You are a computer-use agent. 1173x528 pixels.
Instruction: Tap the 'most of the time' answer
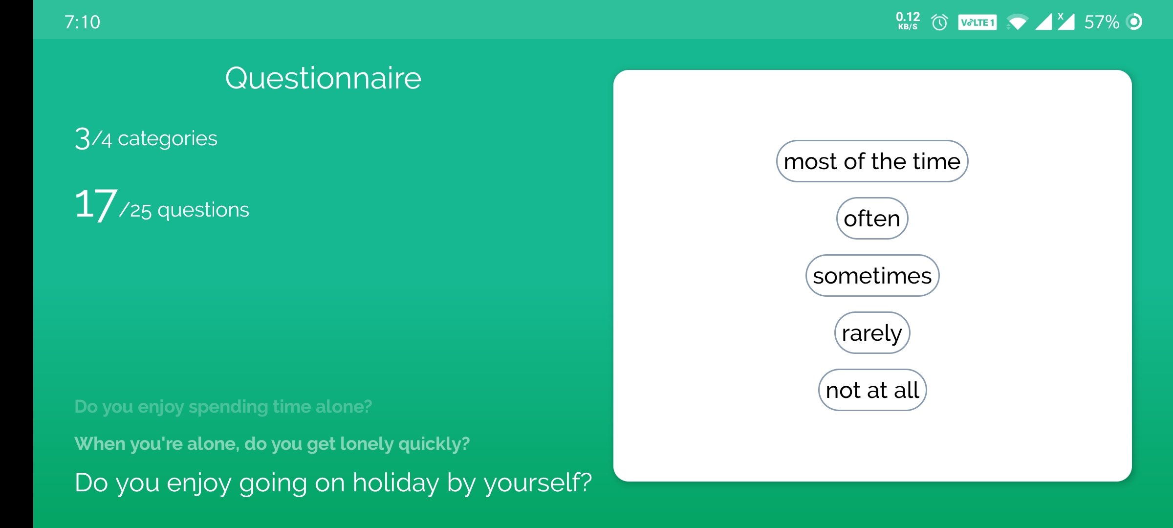(x=872, y=161)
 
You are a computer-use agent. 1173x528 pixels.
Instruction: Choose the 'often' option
(x=872, y=219)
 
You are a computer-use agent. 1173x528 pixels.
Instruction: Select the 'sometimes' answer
(x=872, y=276)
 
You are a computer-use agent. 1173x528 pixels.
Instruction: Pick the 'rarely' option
(x=872, y=333)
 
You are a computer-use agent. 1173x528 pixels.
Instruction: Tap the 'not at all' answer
(x=872, y=390)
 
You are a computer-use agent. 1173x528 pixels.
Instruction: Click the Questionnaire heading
(x=323, y=78)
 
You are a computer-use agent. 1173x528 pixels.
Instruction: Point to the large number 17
(x=96, y=204)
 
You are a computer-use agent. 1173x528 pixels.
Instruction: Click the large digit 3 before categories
(x=83, y=138)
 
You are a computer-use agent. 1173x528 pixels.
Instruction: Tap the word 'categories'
(x=168, y=139)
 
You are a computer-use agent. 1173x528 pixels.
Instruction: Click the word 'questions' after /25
(x=203, y=210)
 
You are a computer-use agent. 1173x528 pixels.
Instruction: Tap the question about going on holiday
(x=333, y=483)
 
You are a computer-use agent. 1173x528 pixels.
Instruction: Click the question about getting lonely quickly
(x=272, y=444)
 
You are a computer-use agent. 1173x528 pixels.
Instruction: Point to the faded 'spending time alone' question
(x=223, y=407)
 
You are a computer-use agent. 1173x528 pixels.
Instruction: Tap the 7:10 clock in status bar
(x=82, y=22)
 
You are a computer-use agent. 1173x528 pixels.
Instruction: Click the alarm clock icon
(x=939, y=22)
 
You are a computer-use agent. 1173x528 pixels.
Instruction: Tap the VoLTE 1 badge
(x=977, y=22)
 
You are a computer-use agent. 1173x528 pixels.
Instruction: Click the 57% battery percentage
(x=1102, y=22)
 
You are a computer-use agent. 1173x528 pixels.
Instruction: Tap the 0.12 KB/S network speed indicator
(x=908, y=21)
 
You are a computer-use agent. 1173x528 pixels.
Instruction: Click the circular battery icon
(x=1134, y=22)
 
